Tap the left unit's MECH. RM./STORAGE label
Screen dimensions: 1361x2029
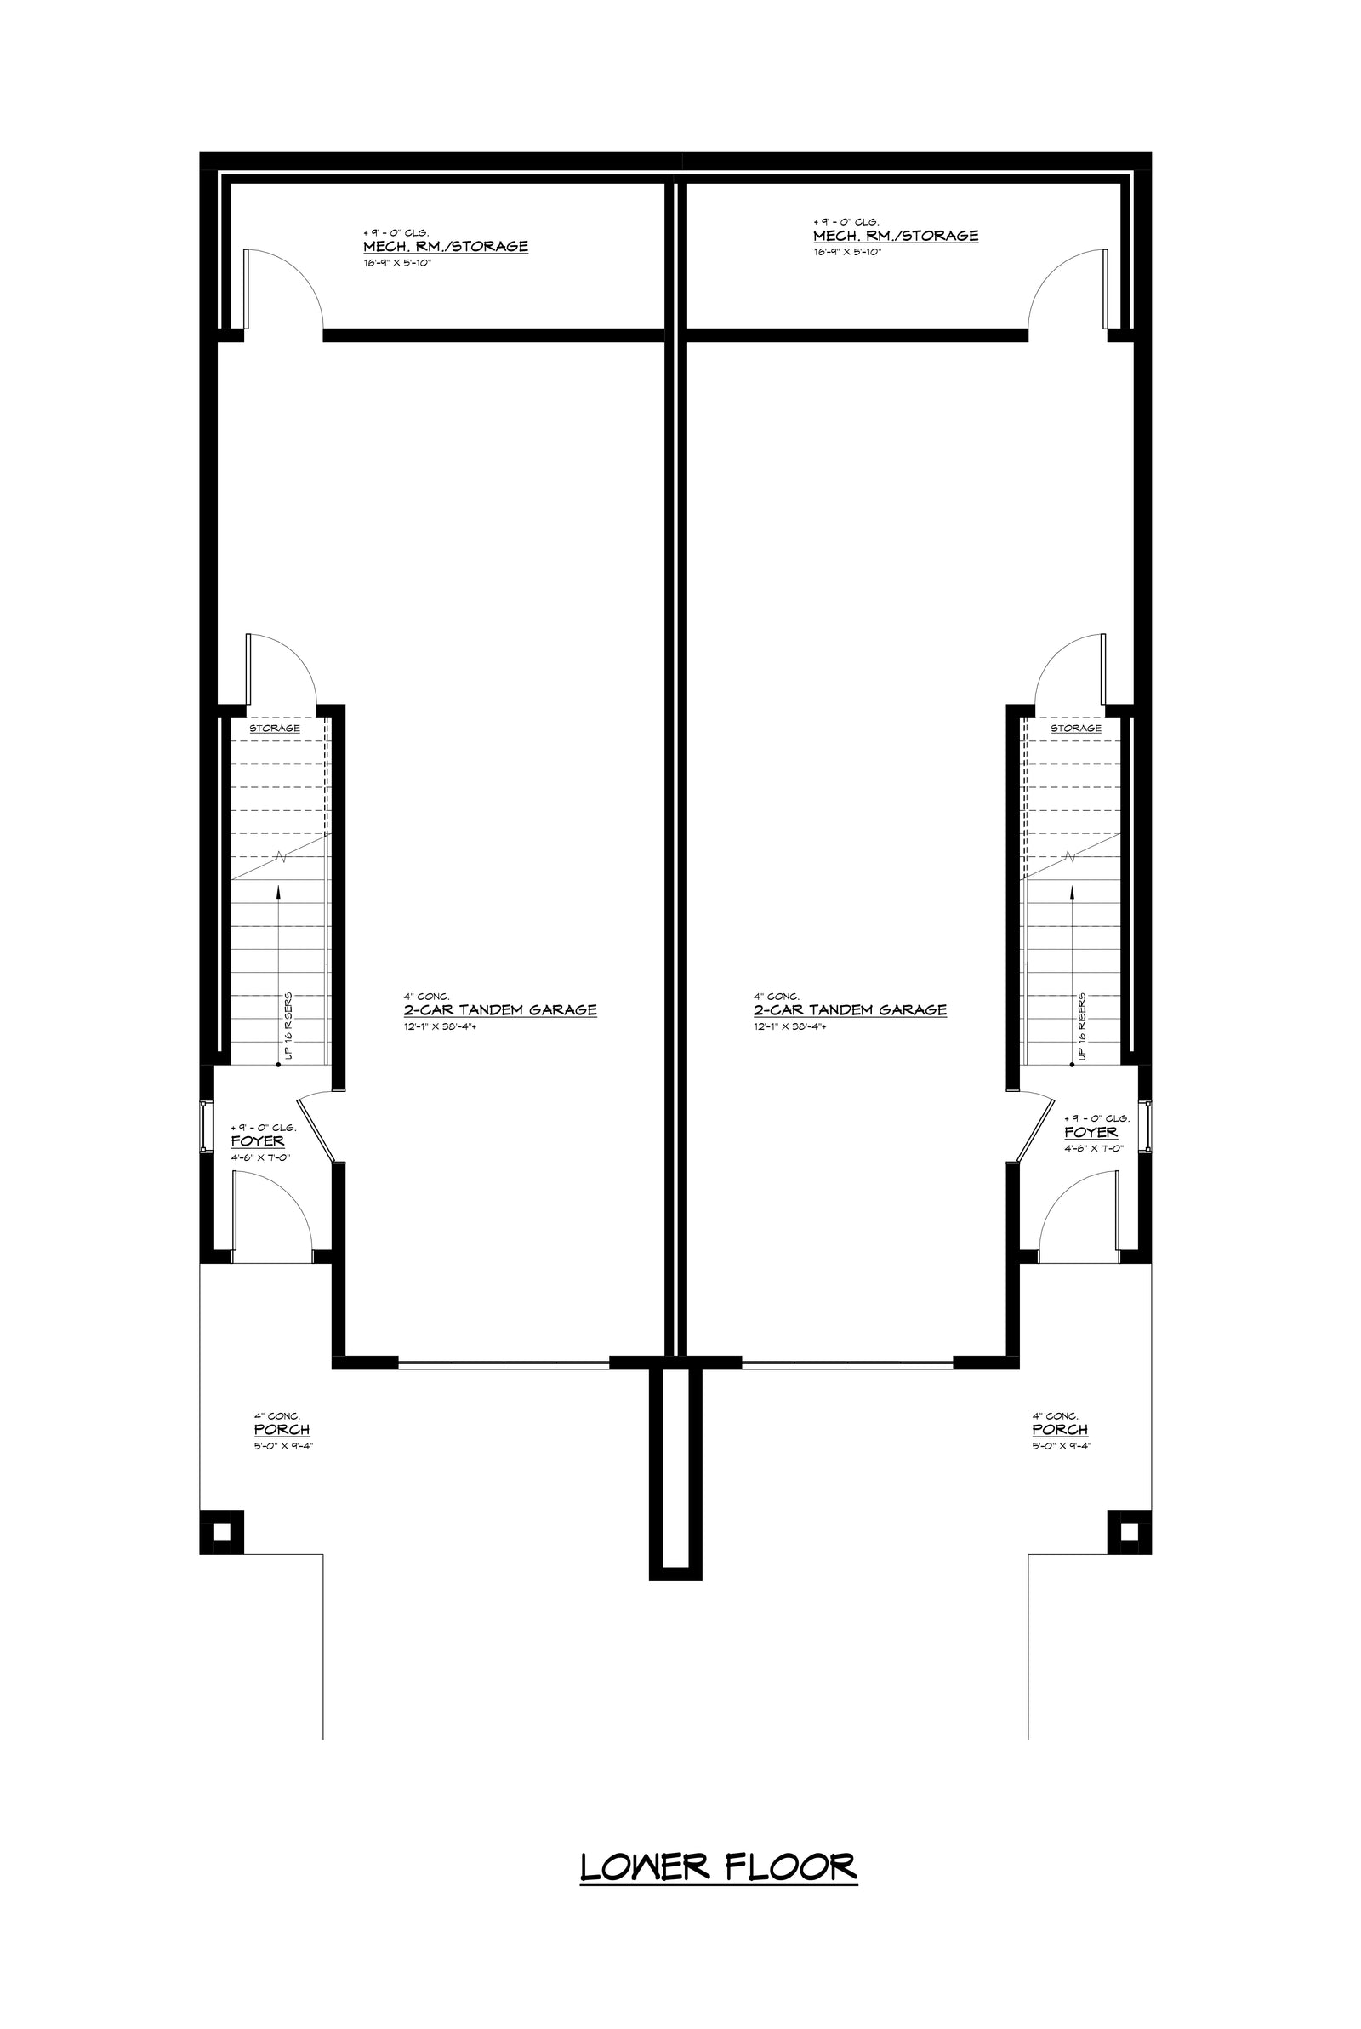445,246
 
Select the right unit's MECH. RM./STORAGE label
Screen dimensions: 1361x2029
896,235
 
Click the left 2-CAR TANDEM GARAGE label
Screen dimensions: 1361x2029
500,1009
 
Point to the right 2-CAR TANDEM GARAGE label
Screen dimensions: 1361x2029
850,1009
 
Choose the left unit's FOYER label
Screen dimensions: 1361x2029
257,1140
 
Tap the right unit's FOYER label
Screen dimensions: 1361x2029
1091,1132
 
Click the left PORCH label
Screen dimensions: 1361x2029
282,1429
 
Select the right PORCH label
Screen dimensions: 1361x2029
1060,1429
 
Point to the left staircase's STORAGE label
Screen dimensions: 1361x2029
275,728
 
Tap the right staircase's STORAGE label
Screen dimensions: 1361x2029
1076,728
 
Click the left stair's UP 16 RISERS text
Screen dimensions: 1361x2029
288,1026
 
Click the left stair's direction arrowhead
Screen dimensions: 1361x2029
278,891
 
